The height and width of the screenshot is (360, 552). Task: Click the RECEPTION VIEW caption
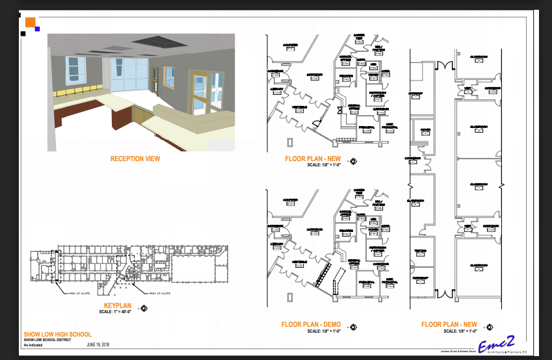tap(135, 159)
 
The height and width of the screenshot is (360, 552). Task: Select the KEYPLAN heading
tap(118, 304)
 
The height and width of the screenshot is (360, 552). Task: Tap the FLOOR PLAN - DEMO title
tap(311, 324)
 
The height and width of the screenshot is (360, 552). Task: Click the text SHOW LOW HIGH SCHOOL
tap(57, 334)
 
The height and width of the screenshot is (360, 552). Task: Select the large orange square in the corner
tap(30, 22)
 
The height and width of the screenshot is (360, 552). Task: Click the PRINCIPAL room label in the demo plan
tap(365, 281)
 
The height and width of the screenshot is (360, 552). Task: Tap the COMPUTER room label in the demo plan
tap(290, 200)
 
